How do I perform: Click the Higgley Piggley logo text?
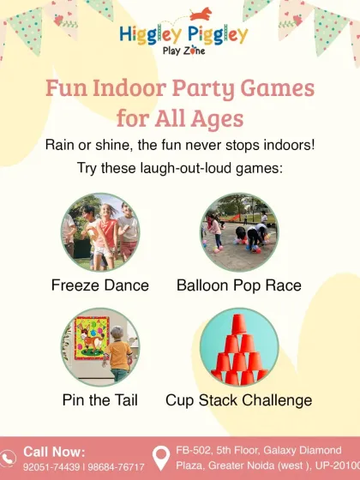[183, 34]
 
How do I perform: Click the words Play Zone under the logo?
[183, 51]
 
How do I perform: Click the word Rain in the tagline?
[60, 145]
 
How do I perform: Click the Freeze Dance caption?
[100, 285]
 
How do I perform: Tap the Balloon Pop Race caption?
[239, 285]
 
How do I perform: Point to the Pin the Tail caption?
[100, 400]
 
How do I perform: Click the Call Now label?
[54, 451]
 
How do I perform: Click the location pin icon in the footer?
[159, 459]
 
